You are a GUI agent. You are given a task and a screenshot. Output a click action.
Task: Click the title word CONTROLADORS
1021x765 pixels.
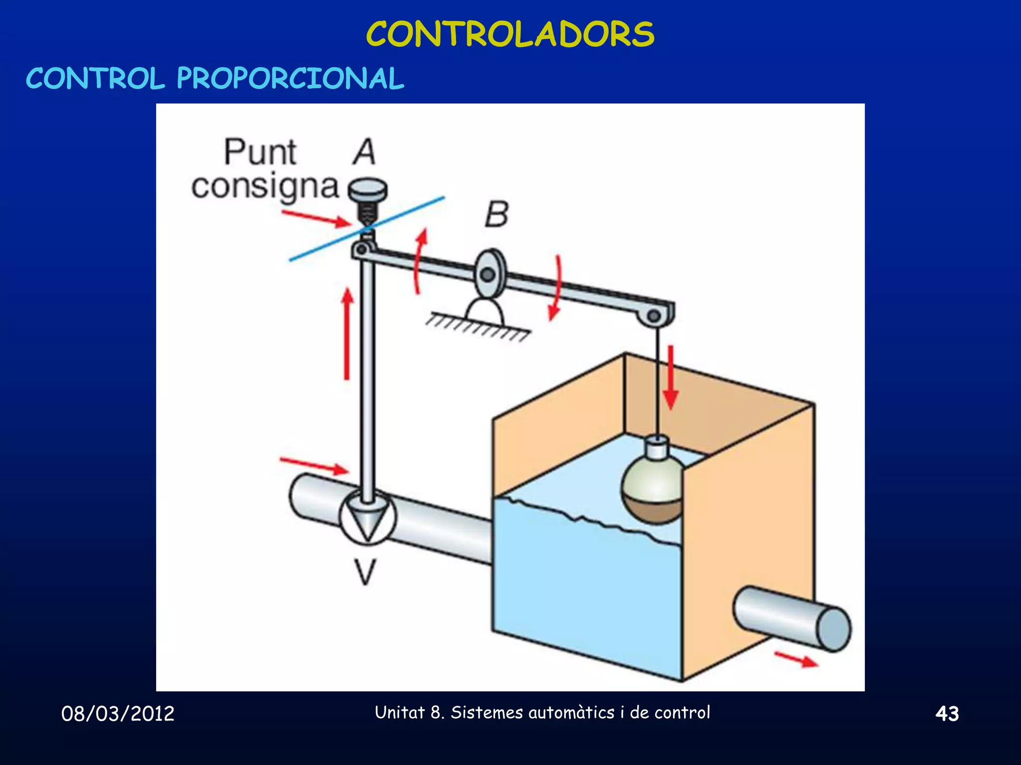pyautogui.click(x=510, y=34)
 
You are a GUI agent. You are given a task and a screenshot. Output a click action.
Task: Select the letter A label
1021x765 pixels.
pyautogui.click(x=364, y=152)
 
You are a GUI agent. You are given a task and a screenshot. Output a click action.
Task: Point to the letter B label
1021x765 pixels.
pyautogui.click(x=497, y=215)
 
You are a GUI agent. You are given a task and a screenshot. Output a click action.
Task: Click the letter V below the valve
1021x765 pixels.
pyautogui.click(x=366, y=572)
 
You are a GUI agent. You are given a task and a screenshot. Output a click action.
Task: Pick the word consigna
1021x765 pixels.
pyautogui.click(x=265, y=188)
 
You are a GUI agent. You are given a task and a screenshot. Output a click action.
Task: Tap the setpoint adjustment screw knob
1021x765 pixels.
pyautogui.click(x=368, y=190)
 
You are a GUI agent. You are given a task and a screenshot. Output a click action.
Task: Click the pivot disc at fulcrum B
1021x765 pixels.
pyautogui.click(x=489, y=273)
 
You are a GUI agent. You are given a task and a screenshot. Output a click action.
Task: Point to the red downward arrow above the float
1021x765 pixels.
pyautogui.click(x=671, y=377)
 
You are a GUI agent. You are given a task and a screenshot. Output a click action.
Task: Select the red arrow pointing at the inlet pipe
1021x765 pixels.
pyautogui.click(x=314, y=465)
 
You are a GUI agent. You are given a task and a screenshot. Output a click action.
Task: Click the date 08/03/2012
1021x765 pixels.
pyautogui.click(x=118, y=714)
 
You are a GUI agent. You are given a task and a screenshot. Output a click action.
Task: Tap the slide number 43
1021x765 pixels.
pyautogui.click(x=947, y=714)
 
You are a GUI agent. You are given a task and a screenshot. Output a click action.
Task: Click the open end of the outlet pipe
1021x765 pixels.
pyautogui.click(x=834, y=629)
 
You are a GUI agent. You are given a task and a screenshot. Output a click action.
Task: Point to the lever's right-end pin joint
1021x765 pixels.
pyautogui.click(x=655, y=316)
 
